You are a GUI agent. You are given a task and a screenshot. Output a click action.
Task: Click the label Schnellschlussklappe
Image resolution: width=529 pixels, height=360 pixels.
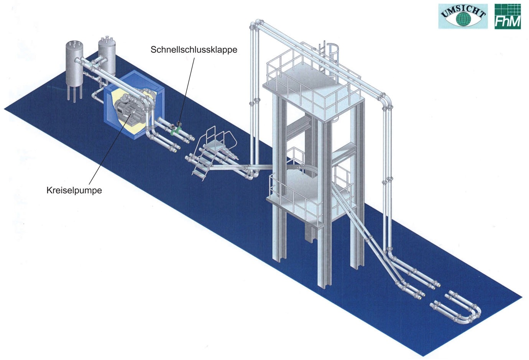click(x=194, y=50)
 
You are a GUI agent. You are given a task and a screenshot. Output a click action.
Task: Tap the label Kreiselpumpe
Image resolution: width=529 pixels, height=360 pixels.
click(x=74, y=190)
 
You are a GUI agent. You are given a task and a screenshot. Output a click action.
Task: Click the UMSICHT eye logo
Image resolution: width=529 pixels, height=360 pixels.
click(x=463, y=16)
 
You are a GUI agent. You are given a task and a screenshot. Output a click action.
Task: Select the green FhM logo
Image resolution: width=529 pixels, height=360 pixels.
click(x=508, y=16)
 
